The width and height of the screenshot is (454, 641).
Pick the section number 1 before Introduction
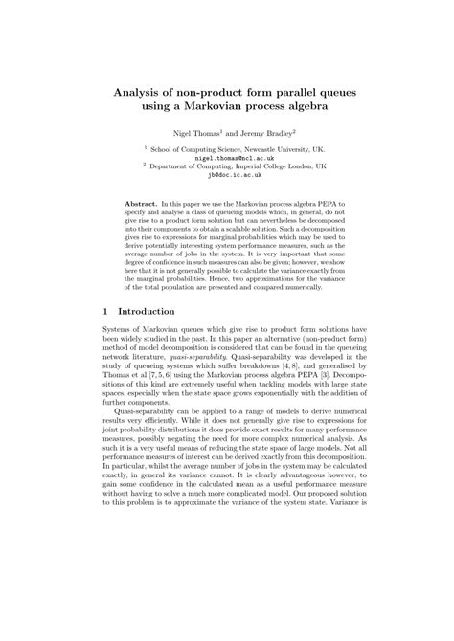coord(104,311)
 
